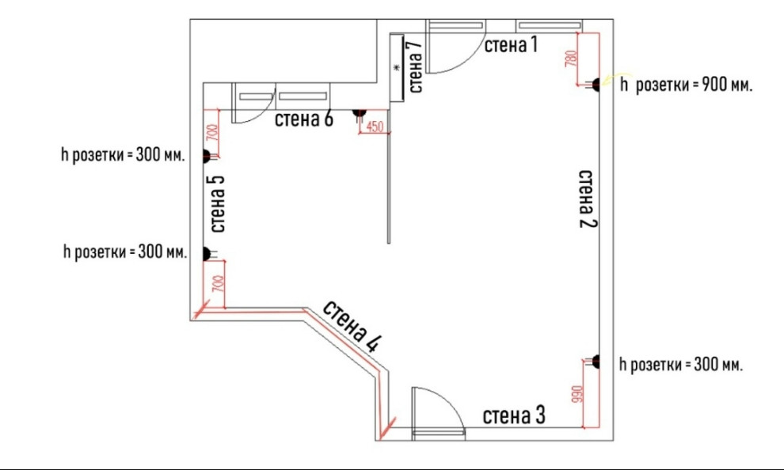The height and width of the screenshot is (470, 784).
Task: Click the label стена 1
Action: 511,45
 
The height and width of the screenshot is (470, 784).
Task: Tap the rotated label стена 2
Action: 588,199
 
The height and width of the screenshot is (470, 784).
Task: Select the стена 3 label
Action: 513,415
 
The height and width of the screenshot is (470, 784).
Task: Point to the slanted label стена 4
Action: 352,326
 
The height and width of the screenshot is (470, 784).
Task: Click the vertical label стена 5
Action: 217,204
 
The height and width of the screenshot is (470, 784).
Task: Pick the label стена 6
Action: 303,119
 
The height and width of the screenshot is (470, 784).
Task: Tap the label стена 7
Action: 415,66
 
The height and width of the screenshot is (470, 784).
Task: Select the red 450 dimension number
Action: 375,127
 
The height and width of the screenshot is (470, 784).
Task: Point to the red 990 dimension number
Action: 577,394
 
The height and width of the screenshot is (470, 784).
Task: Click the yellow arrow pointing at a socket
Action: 610,80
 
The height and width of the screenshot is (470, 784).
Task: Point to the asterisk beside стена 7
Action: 398,67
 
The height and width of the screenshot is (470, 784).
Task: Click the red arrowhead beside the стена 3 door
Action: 386,429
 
